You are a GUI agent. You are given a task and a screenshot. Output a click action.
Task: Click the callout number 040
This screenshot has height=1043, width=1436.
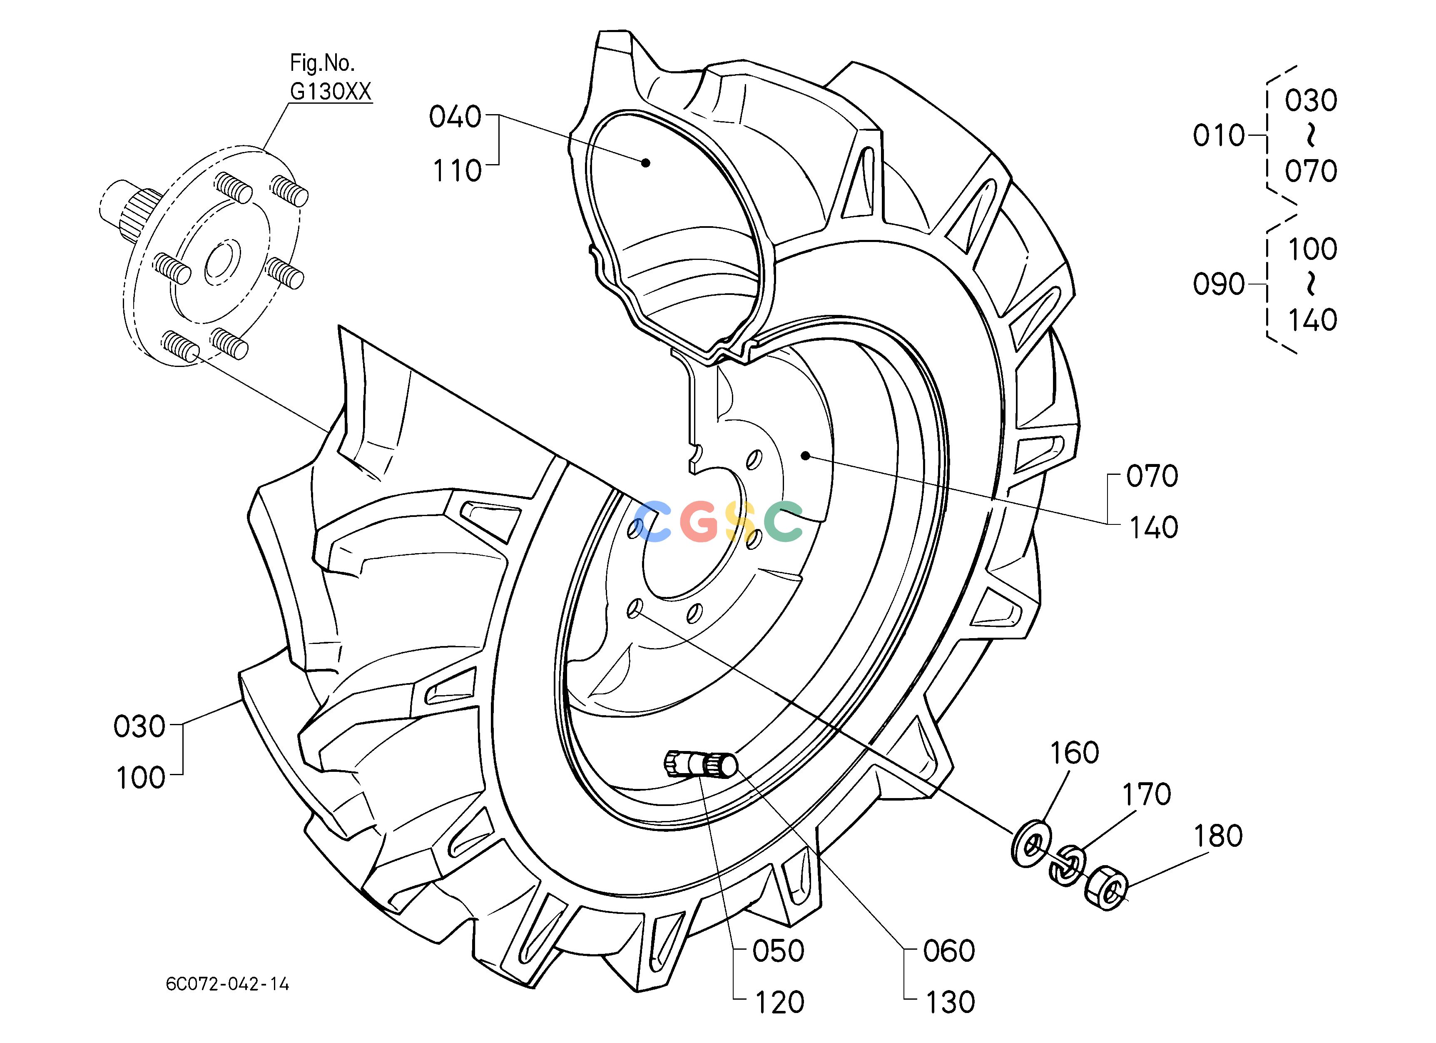click(x=455, y=117)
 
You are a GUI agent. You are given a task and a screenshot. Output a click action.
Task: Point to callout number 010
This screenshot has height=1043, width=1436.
click(x=1219, y=135)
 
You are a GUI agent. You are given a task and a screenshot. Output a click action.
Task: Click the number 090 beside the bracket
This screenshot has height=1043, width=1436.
click(x=1219, y=284)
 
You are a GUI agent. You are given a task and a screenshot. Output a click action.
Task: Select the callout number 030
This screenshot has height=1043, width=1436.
click(x=139, y=726)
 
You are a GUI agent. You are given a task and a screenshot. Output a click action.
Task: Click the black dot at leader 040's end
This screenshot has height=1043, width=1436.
click(x=645, y=163)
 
